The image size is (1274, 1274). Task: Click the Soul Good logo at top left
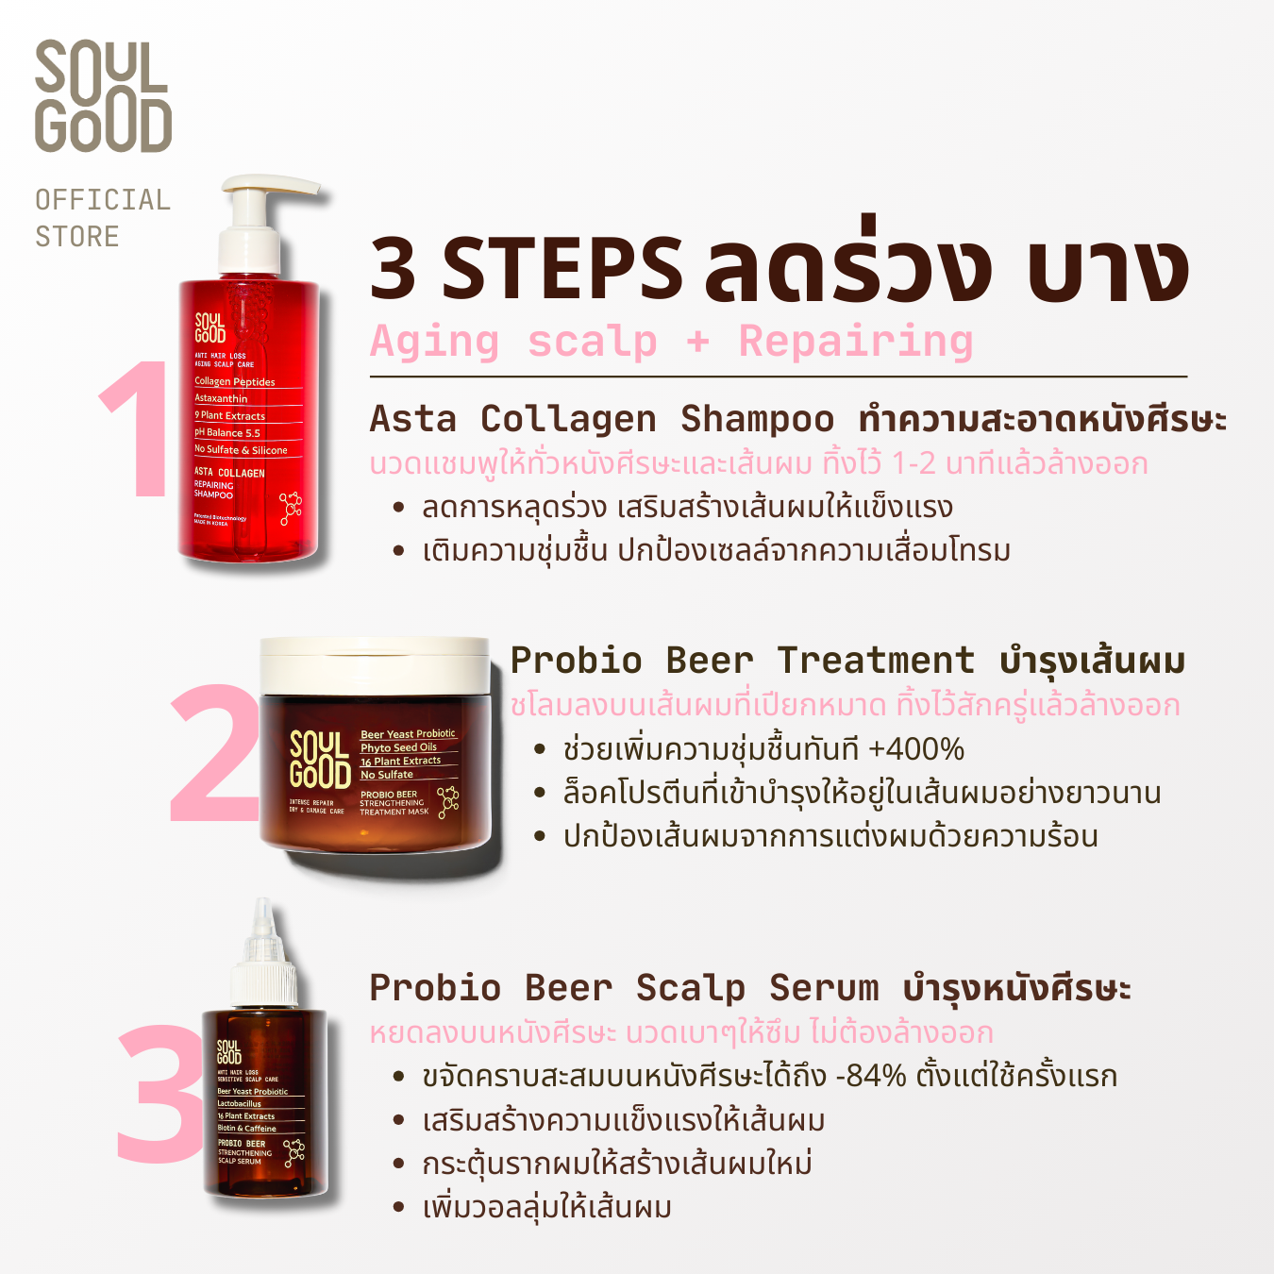[x=103, y=96]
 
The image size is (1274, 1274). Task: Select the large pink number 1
[x=138, y=430]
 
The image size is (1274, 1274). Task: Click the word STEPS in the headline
[x=562, y=269]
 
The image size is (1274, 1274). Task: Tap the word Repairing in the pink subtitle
[x=855, y=342]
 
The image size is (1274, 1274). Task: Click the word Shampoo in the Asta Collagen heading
[x=757, y=419]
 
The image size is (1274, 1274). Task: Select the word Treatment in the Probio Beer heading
[x=875, y=661]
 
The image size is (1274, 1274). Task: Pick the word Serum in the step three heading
[x=823, y=988]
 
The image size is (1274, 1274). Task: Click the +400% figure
[x=915, y=750]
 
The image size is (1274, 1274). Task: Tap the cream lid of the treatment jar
[x=374, y=665]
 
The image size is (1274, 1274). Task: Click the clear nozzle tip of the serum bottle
[x=263, y=915]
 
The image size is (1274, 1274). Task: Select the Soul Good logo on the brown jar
[x=320, y=760]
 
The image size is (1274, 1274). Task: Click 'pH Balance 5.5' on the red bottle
[x=227, y=433]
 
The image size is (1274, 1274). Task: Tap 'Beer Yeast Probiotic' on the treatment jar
[x=408, y=734]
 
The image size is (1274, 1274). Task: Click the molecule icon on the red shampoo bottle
[x=291, y=508]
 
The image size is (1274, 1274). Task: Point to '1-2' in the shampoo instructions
[x=914, y=464]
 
